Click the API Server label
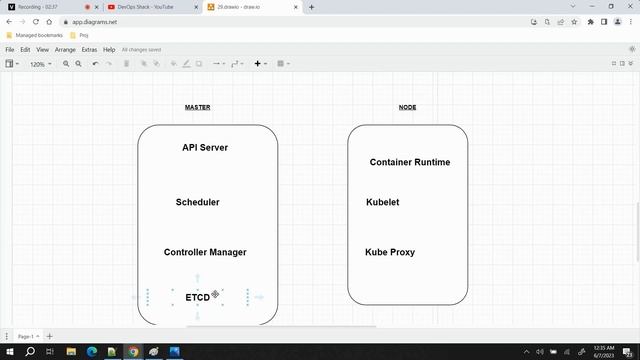pos(205,148)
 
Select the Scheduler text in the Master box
pos(197,202)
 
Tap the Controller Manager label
pos(205,252)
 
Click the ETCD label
pos(197,298)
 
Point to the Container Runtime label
pos(409,162)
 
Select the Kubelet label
pos(383,202)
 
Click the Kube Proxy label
pos(390,252)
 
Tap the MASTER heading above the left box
pos(197,107)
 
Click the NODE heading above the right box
pos(407,107)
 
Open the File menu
pos(10,49)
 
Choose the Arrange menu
pos(65,49)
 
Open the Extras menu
pos(89,49)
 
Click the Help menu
pos(109,49)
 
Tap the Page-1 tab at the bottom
pos(26,336)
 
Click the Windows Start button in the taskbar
pos(8,352)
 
